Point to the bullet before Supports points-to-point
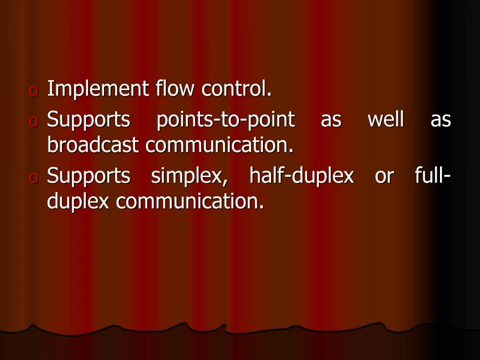tap(34, 123)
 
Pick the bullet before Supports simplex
tap(34, 179)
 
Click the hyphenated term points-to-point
tap(226, 120)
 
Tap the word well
tap(386, 120)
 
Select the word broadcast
tap(93, 145)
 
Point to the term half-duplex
tap(301, 176)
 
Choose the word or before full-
tap(384, 176)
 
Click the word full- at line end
tap(433, 176)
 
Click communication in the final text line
tap(190, 201)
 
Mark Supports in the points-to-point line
tap(89, 120)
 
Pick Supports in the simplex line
tap(89, 176)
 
